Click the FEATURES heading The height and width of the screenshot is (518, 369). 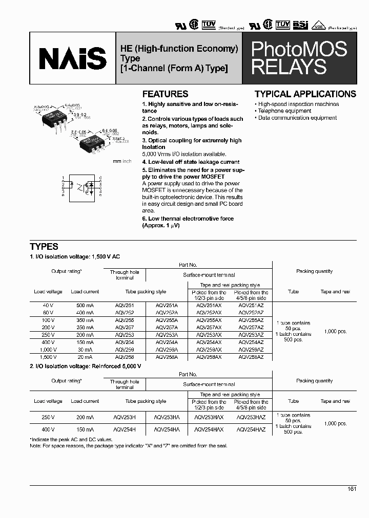click(165, 94)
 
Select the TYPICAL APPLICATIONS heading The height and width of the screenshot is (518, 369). click(305, 94)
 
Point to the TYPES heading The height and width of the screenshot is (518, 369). click(44, 247)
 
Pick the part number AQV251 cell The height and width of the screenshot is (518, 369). click(125, 306)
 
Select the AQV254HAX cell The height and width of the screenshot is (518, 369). click(209, 430)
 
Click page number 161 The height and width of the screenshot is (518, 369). click(352, 489)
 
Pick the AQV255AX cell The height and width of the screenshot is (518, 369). click(209, 320)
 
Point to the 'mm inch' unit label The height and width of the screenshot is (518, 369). click(122, 161)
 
